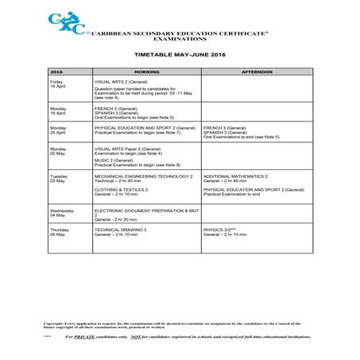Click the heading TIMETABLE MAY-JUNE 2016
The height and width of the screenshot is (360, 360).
click(x=180, y=56)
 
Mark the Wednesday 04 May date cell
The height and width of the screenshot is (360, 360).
click(x=61, y=212)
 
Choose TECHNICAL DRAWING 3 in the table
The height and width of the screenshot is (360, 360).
click(x=121, y=230)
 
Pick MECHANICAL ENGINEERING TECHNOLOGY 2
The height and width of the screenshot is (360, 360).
click(x=143, y=176)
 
